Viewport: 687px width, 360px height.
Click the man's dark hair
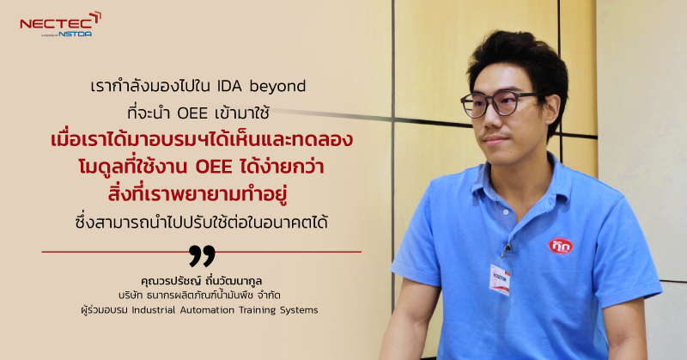tap(515, 56)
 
